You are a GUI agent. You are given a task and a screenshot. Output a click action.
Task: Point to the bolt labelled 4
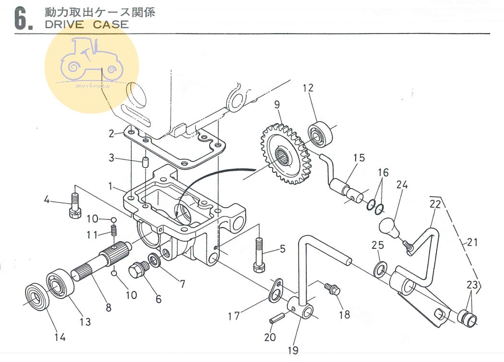(x=75, y=205)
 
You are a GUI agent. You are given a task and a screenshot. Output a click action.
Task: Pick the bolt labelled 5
(x=258, y=256)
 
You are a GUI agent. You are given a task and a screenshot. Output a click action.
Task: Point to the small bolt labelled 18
(x=332, y=289)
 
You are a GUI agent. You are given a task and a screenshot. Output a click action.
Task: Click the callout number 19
(x=293, y=350)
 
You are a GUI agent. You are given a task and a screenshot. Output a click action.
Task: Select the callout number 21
(x=472, y=242)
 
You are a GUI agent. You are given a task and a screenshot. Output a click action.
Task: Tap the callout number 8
(x=109, y=308)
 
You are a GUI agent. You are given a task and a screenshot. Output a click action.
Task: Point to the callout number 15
(x=359, y=158)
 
